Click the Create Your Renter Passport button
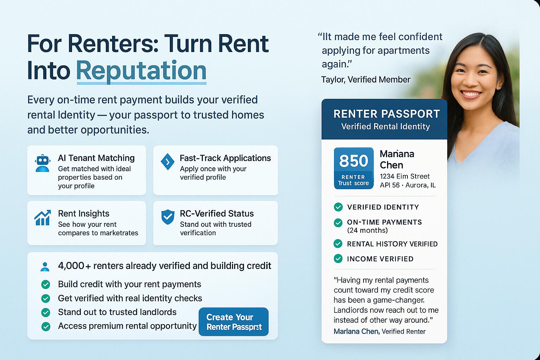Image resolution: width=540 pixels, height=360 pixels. coord(233,322)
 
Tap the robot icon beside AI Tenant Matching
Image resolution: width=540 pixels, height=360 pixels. coord(43,163)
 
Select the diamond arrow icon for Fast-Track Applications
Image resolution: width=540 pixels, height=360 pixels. coord(167,162)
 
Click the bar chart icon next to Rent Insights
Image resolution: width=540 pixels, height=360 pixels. coord(43,218)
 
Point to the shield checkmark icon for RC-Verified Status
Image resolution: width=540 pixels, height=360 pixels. coord(168,217)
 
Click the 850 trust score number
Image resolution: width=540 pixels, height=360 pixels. coord(354,161)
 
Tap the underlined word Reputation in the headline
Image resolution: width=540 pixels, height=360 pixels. coord(141,71)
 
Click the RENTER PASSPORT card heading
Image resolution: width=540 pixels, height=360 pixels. coord(386,114)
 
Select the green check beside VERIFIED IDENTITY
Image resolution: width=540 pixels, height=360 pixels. coord(338,207)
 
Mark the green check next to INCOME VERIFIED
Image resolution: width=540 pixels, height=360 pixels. coord(338,258)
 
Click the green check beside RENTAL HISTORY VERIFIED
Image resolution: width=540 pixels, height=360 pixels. coord(338,244)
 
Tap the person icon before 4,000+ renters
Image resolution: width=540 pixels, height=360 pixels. coord(45,267)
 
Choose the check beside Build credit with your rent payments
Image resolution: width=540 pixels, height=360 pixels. coord(46,284)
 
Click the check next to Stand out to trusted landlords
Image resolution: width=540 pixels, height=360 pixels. coord(46,313)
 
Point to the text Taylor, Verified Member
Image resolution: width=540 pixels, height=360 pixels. coord(366,79)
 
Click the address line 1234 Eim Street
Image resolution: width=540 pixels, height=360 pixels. coord(405,176)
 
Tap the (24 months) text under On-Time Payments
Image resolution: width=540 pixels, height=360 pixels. coord(367,231)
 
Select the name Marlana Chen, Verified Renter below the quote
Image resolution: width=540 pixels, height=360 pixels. coord(379,331)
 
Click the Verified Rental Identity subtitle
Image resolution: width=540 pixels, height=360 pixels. coord(385,127)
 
